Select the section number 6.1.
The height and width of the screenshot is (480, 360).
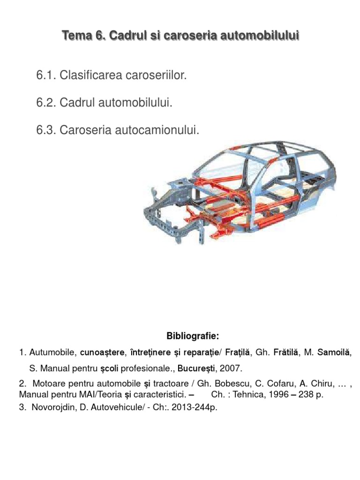(46, 75)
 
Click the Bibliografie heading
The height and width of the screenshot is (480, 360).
(193, 336)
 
